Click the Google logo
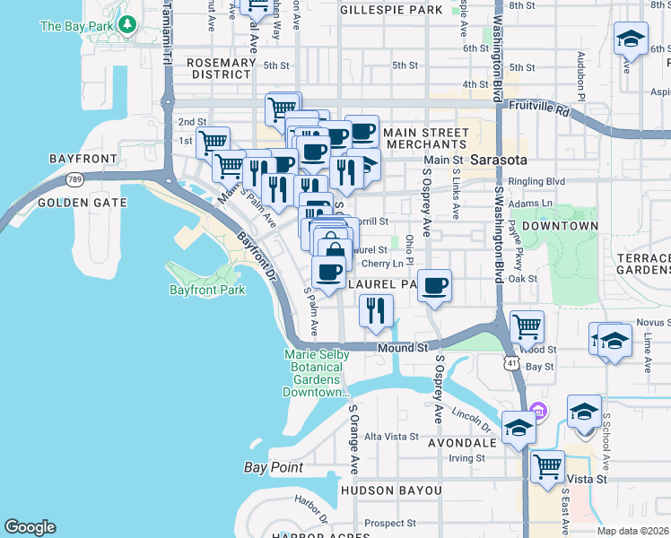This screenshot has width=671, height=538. point(30,527)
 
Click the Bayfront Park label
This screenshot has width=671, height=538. point(206,290)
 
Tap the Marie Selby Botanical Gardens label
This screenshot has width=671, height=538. point(316,373)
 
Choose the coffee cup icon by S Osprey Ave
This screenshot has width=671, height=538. point(435,285)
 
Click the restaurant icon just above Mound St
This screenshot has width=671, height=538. point(376,310)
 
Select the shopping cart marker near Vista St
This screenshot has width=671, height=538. point(546,465)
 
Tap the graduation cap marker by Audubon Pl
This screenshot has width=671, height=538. point(631,39)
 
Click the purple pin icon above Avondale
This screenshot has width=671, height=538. point(538,412)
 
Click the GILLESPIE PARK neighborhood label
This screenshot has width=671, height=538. point(392,10)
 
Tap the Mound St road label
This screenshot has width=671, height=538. point(401,347)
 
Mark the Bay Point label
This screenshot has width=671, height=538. point(273,467)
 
